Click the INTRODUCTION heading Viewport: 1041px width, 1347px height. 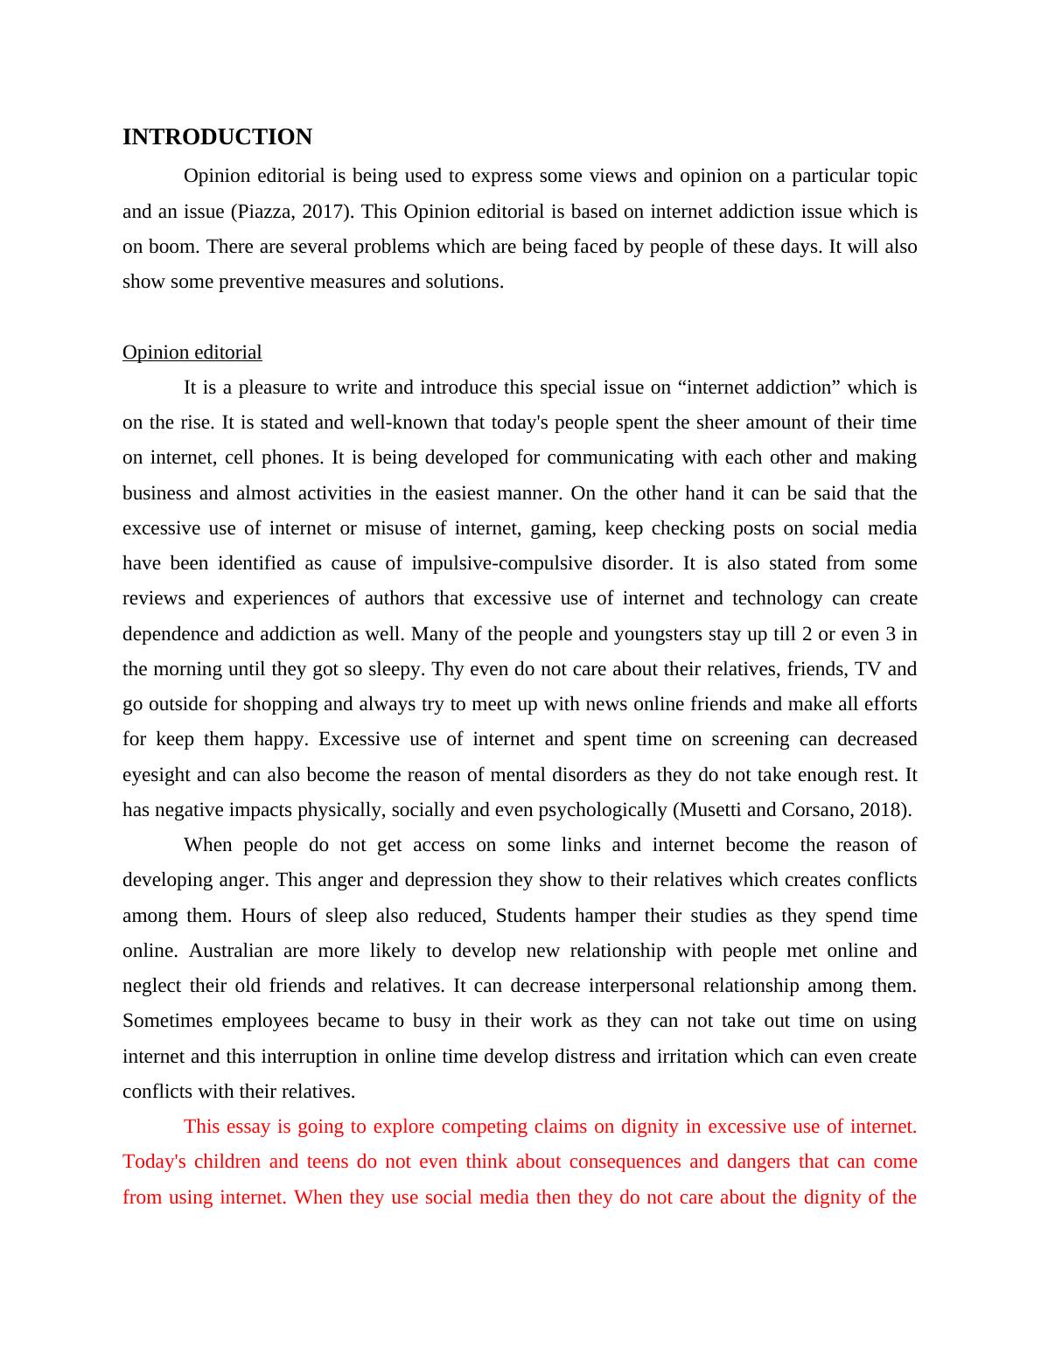pyautogui.click(x=217, y=137)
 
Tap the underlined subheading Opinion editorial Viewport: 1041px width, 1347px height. pyautogui.click(x=192, y=352)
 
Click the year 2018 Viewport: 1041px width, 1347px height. pyautogui.click(x=884, y=810)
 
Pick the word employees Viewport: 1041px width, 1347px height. pyautogui.click(x=265, y=1021)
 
